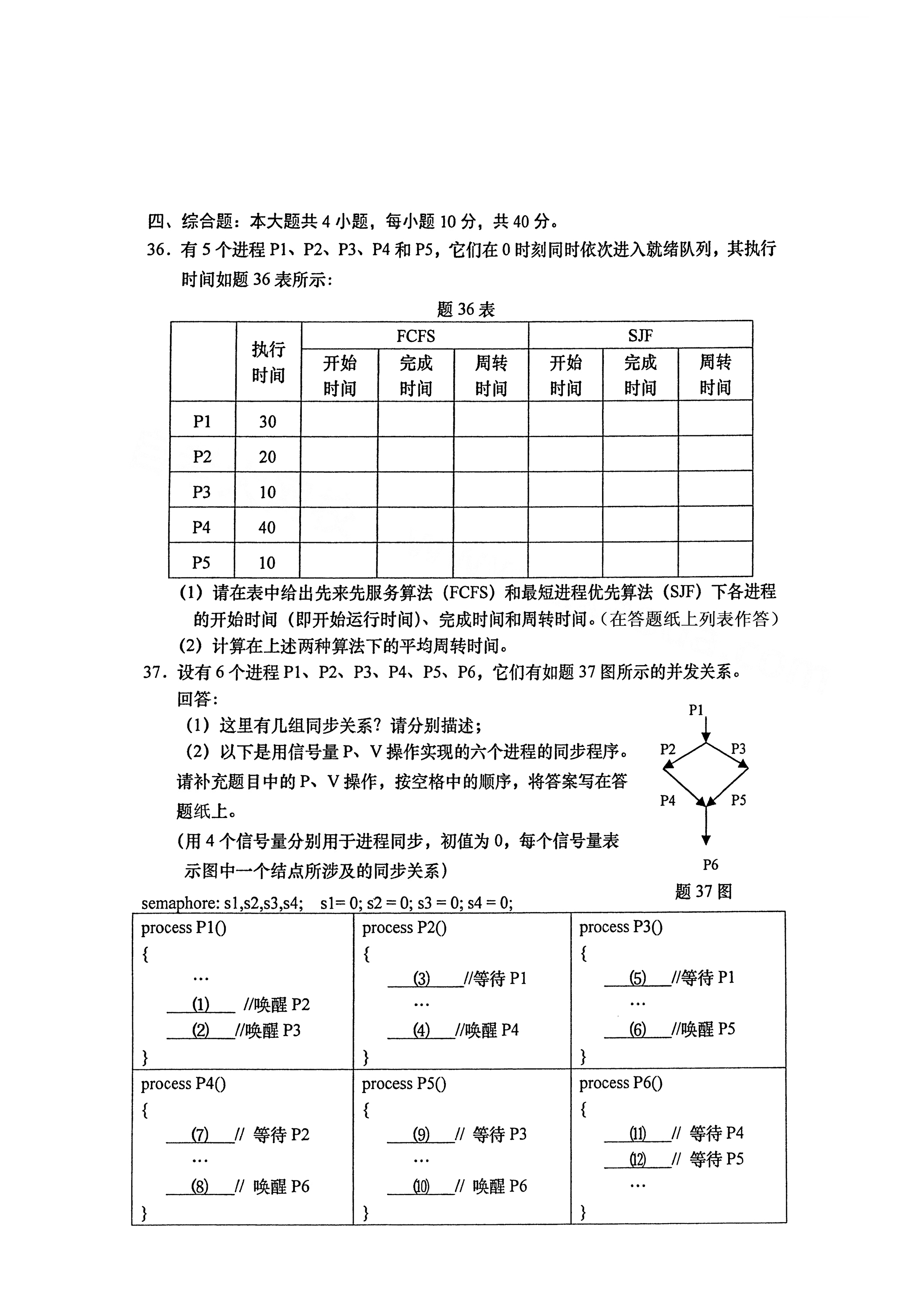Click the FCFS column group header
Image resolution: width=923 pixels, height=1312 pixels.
pyautogui.click(x=415, y=336)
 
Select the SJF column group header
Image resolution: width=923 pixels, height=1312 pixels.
pyautogui.click(x=640, y=335)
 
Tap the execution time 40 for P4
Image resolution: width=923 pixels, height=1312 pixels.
pyautogui.click(x=267, y=527)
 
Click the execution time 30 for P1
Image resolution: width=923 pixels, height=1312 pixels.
pyautogui.click(x=267, y=422)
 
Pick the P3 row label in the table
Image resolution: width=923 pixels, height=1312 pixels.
pyautogui.click(x=202, y=492)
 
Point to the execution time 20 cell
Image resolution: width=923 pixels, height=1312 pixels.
pyautogui.click(x=267, y=457)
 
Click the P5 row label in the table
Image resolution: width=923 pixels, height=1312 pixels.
pyautogui.click(x=201, y=563)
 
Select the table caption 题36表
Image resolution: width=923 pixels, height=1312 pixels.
pyautogui.click(x=466, y=310)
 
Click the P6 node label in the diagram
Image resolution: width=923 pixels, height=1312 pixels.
pyautogui.click(x=710, y=865)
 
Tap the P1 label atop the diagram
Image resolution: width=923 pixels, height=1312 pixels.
pyautogui.click(x=696, y=710)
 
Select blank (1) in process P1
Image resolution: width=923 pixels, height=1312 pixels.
pyautogui.click(x=201, y=1004)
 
